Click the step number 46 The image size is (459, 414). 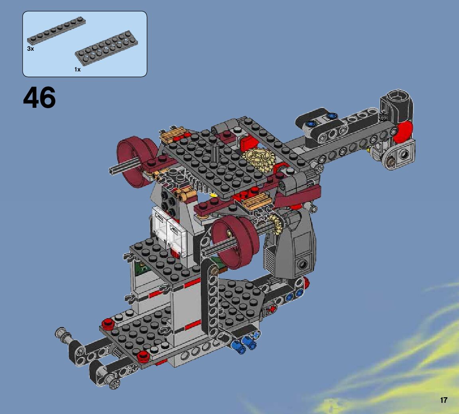coord(39,97)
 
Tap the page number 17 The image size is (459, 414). coord(443,400)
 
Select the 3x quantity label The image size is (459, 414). coord(30,49)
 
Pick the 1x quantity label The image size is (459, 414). coord(77,69)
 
